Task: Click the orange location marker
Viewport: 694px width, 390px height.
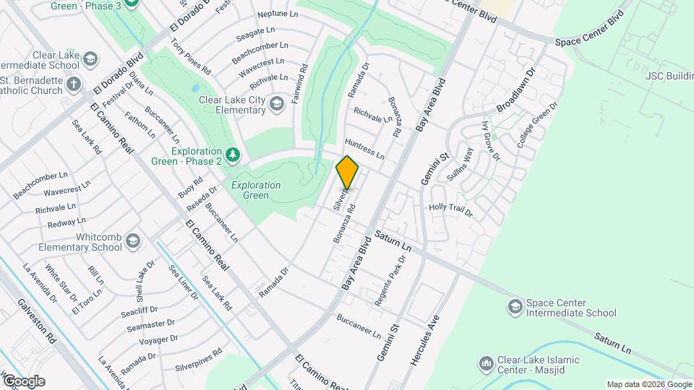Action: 347,173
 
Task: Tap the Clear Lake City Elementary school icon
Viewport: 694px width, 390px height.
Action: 276,105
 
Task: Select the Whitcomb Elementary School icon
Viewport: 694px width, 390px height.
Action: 132,241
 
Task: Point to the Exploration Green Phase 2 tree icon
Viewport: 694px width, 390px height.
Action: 232,155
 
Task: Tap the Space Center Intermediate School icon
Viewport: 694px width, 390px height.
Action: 515,308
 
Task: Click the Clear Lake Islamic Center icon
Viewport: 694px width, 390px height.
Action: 487,362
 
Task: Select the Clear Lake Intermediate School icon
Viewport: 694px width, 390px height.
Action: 90,58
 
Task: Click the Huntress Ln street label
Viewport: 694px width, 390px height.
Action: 364,147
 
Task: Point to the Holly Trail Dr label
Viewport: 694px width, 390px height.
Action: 450,210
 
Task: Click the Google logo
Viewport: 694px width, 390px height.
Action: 23,381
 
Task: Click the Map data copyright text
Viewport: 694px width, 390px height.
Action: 648,384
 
